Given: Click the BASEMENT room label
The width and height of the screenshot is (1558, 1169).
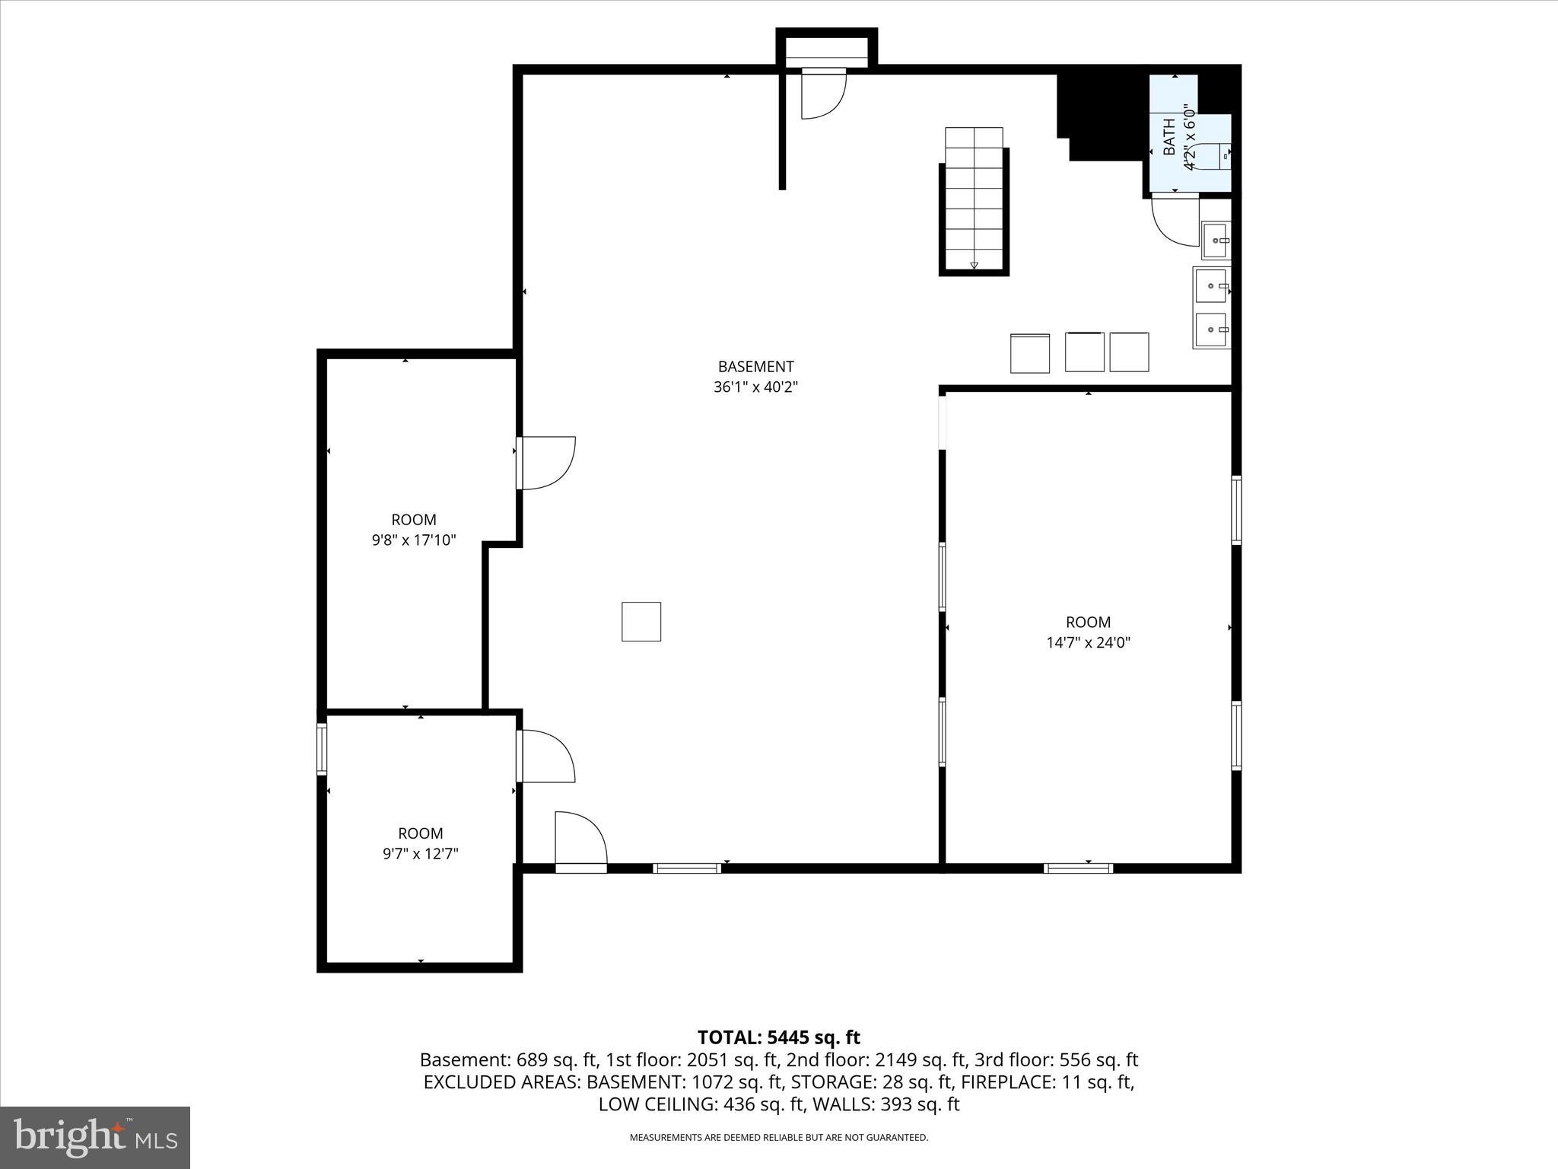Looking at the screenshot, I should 755,367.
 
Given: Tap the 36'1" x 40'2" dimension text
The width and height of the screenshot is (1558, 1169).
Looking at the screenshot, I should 755,387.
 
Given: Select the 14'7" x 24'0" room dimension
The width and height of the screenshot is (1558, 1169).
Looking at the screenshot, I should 1088,642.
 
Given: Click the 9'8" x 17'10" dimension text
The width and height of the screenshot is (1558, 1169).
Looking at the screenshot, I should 414,540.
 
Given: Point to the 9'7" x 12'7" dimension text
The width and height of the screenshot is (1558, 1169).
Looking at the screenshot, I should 420,854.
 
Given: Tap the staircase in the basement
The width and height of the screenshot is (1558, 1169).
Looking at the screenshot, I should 974,199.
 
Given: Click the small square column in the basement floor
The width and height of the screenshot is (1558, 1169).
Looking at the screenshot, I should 641,622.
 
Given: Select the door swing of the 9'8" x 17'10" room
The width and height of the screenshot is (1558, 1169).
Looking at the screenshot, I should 546,463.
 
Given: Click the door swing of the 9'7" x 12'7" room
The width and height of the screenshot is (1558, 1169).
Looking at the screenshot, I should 545,756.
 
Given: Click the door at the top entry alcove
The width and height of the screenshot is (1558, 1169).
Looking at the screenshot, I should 824,93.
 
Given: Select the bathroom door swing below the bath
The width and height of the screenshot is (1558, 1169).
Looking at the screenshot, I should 1175,220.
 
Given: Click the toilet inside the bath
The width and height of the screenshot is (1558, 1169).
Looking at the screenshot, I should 1213,154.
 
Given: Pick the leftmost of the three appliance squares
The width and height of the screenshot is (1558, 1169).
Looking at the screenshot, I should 1030,353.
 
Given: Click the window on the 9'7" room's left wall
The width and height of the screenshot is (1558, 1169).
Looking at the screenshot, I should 322,749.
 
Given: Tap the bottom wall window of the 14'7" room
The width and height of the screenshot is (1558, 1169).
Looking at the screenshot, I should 1078,868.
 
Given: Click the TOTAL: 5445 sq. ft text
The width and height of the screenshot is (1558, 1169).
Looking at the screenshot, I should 778,1037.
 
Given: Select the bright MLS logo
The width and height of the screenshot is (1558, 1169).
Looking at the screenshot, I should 95,1137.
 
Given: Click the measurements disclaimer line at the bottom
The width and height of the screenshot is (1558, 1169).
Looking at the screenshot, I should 778,1138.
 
